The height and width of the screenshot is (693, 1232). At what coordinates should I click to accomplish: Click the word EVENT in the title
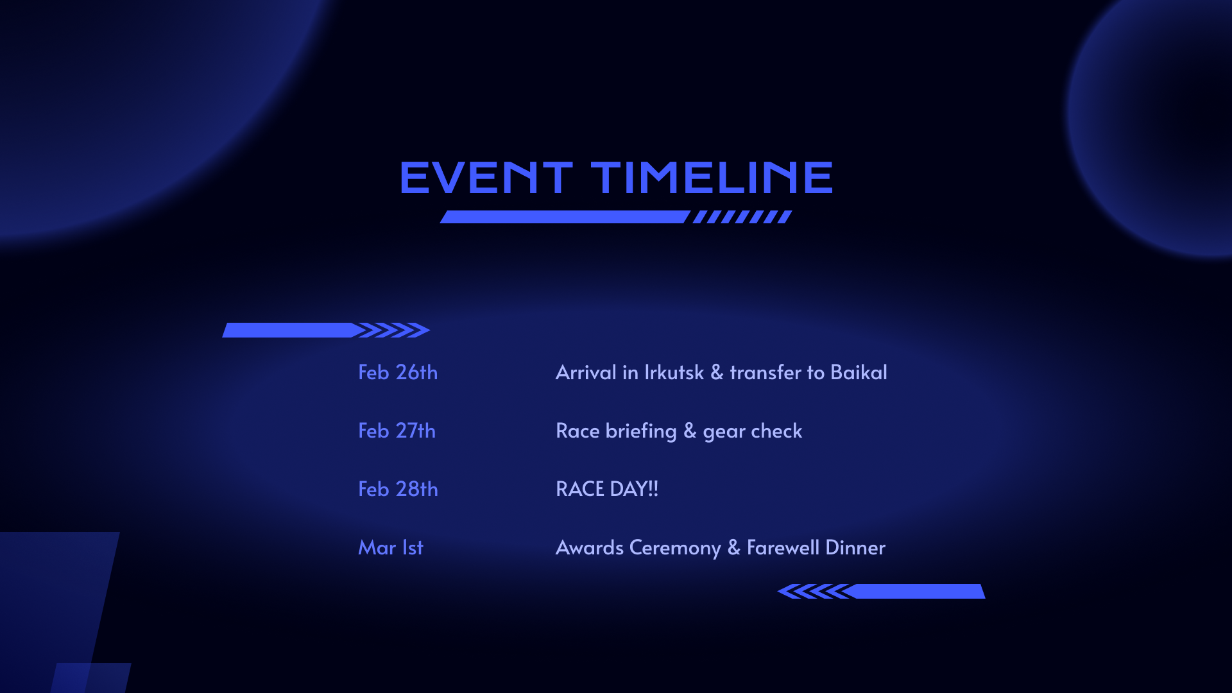click(x=486, y=177)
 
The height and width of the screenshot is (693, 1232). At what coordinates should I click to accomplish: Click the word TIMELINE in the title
click(x=712, y=177)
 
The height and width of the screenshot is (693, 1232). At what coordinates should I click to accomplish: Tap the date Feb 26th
click(x=398, y=372)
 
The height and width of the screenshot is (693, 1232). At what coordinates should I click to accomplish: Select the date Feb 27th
click(x=397, y=431)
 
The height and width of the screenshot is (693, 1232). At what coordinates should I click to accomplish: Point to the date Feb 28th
click(x=398, y=489)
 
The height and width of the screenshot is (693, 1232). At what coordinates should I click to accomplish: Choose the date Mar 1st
click(x=391, y=547)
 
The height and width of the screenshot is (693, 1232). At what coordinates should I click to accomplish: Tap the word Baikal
click(x=859, y=372)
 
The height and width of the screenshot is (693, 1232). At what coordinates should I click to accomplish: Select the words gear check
click(x=752, y=431)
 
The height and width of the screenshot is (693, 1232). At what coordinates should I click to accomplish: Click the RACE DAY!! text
click(x=607, y=489)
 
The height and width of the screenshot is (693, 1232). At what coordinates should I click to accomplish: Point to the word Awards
click(x=590, y=547)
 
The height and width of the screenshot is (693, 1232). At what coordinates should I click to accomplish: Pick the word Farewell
click(x=783, y=547)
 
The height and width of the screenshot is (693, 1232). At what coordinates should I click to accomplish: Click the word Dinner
click(x=855, y=547)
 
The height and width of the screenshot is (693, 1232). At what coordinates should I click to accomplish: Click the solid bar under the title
click(x=565, y=217)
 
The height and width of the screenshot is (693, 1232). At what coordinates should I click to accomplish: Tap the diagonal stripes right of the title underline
click(x=742, y=217)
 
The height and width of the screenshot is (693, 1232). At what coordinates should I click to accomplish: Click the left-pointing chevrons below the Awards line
click(x=815, y=591)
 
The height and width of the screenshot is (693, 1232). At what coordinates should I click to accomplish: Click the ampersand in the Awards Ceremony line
click(x=734, y=547)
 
